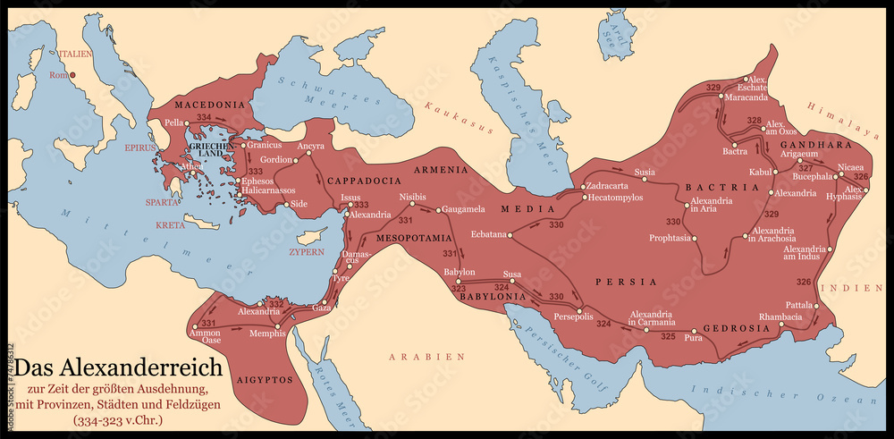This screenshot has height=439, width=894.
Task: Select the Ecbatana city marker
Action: click(x=511, y=235)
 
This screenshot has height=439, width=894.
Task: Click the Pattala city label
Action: click(x=799, y=305)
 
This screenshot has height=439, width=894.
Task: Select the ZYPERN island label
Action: click(x=305, y=252)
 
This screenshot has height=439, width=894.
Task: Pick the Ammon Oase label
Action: click(x=206, y=337)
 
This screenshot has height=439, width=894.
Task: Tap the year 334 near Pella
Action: click(x=204, y=118)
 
